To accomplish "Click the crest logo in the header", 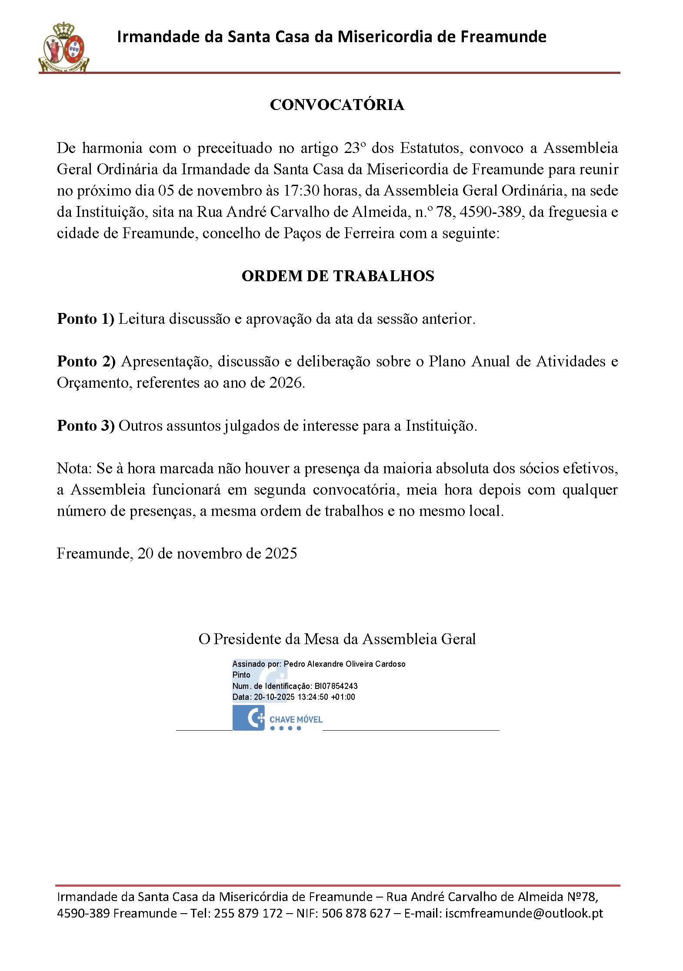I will pos(64,47).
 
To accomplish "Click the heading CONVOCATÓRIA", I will pos(337,105).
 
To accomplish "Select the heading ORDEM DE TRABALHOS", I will pos(338,276).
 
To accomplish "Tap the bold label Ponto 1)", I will pos(85,319).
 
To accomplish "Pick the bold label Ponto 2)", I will pos(86,362).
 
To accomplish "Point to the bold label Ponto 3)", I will pos(86,426).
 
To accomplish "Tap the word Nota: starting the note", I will pos(74,469).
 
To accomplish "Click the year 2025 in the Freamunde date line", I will pos(281,553).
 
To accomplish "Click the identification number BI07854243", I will pos(336,686).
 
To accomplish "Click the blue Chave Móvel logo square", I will pos(248,718).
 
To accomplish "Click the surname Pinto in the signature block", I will pos(241,675).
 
